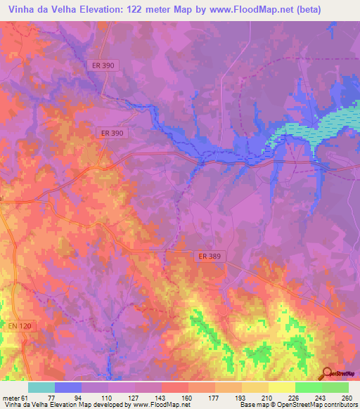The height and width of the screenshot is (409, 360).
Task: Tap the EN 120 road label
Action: click(x=22, y=327)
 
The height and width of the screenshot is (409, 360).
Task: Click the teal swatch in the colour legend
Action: click(x=41, y=387)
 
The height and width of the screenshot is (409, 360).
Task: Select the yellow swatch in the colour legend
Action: click(x=281, y=387)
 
